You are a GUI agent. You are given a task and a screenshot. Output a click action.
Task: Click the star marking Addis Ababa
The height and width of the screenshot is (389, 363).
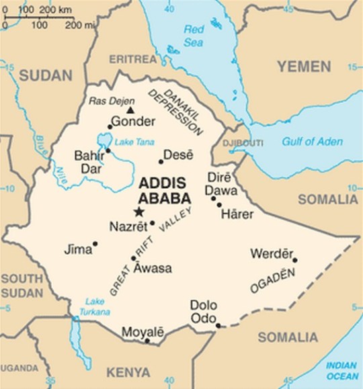click(139, 212)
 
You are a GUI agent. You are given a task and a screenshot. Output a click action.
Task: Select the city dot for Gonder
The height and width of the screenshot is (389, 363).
click(110, 126)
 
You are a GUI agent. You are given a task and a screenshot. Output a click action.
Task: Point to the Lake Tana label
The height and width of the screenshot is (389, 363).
click(129, 142)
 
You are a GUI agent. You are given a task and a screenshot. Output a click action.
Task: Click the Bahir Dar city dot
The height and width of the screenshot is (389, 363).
click(108, 150)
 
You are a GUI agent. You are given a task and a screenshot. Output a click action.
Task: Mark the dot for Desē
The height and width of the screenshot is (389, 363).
click(161, 161)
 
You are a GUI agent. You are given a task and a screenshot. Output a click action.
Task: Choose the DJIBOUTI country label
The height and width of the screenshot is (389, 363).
click(244, 142)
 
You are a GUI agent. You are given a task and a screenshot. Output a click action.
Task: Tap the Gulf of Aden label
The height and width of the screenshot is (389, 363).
click(312, 142)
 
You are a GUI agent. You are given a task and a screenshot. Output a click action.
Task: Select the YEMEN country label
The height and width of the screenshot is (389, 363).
click(303, 67)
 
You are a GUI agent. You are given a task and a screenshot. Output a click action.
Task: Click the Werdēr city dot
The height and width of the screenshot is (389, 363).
click(294, 260)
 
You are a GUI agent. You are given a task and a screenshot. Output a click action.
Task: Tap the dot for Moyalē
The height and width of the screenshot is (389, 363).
click(147, 341)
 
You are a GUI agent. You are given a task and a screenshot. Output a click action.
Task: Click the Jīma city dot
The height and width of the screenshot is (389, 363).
click(95, 244)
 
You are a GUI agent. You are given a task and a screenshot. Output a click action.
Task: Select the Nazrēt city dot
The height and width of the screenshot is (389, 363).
click(152, 223)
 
